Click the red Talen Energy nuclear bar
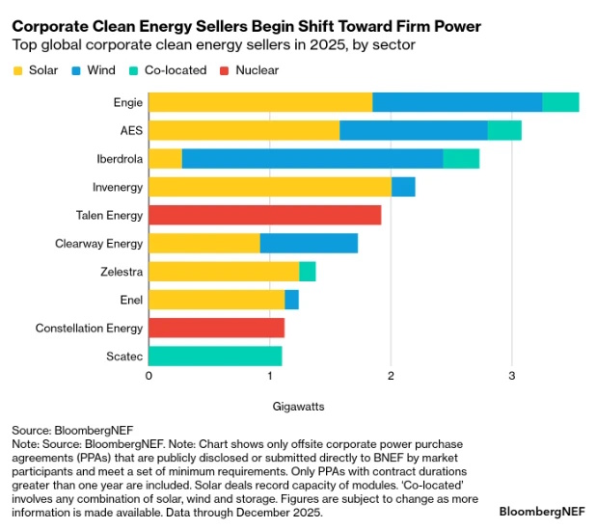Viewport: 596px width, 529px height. pos(264,215)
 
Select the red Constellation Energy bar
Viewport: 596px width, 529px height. pos(216,328)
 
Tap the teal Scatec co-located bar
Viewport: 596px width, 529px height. pos(215,356)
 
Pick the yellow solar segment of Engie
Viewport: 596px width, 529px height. pos(259,102)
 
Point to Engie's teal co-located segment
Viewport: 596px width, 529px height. pos(560,102)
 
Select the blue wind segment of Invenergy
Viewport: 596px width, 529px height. pos(403,187)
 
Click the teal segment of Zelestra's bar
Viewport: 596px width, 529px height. pos(308,272)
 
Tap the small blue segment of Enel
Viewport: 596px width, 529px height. pos(291,300)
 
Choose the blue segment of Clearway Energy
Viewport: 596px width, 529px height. pos(309,243)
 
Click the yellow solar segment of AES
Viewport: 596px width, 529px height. pos(244,130)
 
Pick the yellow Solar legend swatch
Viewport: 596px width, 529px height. pos(19,70)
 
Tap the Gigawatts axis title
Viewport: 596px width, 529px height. pos(299,406)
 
